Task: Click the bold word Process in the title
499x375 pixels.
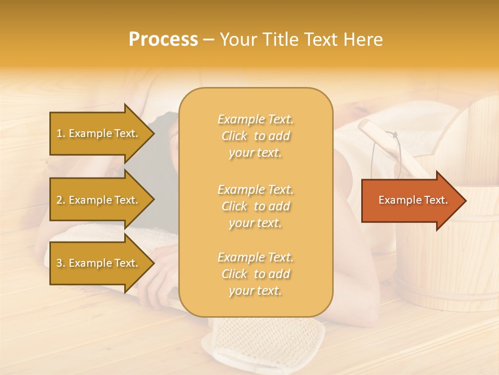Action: click(x=163, y=40)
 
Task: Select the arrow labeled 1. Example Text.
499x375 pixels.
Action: click(x=99, y=133)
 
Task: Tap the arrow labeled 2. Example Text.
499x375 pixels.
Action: click(x=99, y=200)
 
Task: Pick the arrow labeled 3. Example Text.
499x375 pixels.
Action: click(x=99, y=263)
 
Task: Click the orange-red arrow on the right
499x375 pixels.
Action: click(x=411, y=201)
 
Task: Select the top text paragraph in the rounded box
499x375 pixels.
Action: click(x=255, y=136)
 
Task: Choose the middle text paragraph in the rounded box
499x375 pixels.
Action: click(x=255, y=206)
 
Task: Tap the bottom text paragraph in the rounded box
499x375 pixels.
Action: click(x=255, y=274)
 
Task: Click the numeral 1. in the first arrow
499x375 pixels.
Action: click(x=61, y=133)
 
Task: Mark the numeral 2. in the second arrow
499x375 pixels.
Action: click(x=61, y=200)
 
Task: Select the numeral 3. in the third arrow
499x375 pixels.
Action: click(x=61, y=263)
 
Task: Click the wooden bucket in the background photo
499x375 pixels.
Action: click(x=447, y=260)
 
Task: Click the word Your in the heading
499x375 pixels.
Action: click(x=237, y=40)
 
